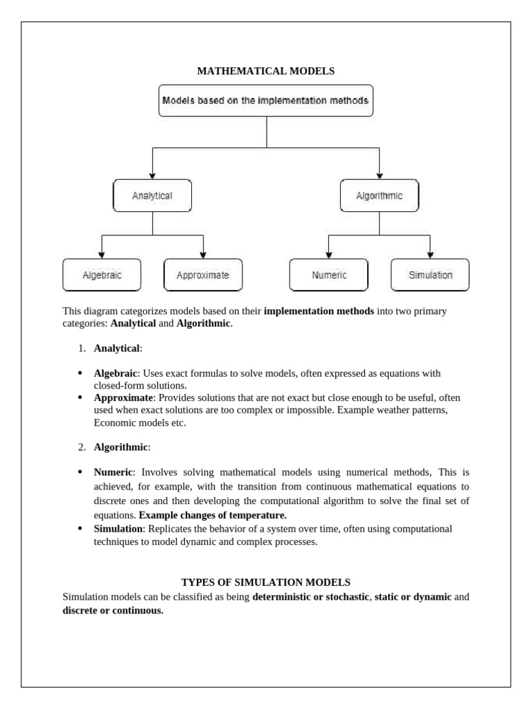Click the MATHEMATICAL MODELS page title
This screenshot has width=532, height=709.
coord(266,71)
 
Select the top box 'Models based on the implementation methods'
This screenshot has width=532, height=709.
coord(266,100)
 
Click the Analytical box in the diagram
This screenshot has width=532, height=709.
coord(152,196)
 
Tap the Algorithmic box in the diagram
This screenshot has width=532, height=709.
coord(379,196)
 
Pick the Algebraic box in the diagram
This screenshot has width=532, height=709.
coord(102,275)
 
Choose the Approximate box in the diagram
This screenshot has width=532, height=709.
coord(203,275)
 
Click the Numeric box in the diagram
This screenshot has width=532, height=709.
coord(329,275)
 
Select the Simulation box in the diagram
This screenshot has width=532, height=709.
coord(430,275)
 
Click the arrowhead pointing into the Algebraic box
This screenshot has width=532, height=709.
coord(102,254)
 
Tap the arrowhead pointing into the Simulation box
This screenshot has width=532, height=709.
coord(430,254)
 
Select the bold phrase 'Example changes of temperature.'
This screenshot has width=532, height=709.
coord(213,516)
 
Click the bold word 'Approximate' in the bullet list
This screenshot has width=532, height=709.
coord(125,398)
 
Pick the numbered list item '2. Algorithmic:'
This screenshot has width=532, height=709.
coord(121,447)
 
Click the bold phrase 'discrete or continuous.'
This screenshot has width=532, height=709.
coord(113,611)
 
